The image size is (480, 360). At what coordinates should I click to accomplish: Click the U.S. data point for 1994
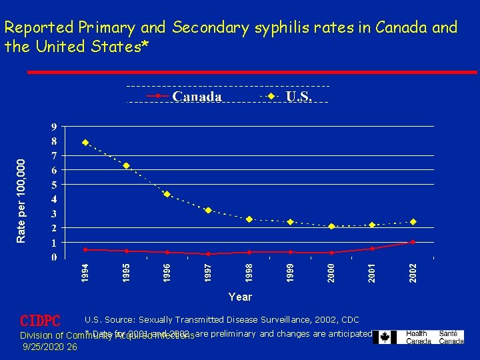coord(85,142)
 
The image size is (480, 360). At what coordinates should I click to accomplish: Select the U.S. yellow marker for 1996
coord(167,194)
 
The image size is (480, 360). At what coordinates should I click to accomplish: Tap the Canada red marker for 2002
coord(413,242)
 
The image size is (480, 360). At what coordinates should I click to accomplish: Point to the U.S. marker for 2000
coord(331,226)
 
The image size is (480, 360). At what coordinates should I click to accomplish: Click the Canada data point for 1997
coord(208,254)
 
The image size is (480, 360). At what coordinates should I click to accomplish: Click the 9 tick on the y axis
coord(53,127)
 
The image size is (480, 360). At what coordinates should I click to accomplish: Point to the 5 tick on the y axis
coord(53,185)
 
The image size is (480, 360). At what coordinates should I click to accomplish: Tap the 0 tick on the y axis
coord(53,257)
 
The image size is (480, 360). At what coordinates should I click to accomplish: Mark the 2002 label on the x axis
coord(413,271)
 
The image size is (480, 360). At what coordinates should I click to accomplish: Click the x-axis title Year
coord(240,297)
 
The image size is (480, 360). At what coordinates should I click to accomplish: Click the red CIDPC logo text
coord(40,321)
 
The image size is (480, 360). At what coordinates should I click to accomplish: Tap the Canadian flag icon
coord(385,337)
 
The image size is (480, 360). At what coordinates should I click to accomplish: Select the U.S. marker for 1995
coord(126,165)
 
